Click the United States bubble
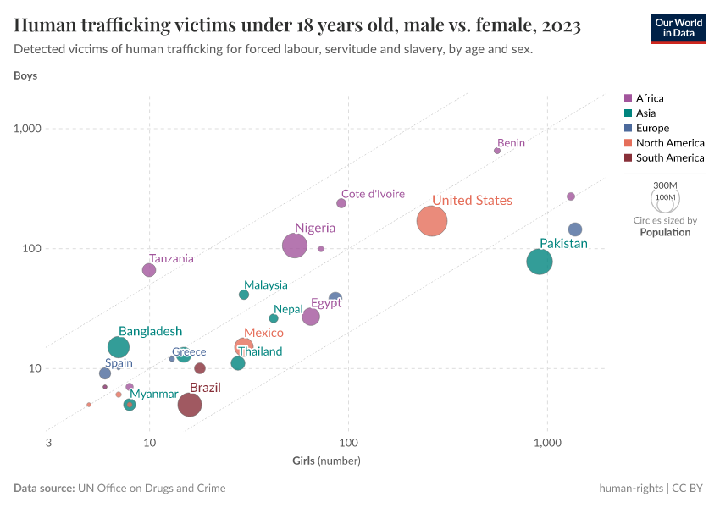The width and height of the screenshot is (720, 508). coord(431,221)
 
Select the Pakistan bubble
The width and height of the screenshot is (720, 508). coord(540,262)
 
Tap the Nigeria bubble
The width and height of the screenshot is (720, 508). coord(294,246)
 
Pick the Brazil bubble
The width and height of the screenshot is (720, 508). coord(190,405)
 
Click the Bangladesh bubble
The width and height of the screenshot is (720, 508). coord(119,347)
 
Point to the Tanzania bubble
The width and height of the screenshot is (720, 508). coord(149,270)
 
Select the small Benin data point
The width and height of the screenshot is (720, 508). coord(497,151)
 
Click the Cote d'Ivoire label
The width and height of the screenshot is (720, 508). coord(373,194)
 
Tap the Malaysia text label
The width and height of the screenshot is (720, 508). coord(265,285)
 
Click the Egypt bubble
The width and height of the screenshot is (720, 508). coord(311,317)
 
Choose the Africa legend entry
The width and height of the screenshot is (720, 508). coord(650,98)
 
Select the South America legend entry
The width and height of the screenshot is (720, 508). coord(669,157)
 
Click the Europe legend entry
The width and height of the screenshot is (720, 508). coord(652,128)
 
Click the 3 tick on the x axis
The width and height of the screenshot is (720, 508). coord(48,444)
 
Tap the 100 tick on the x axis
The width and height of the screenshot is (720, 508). coord(348,444)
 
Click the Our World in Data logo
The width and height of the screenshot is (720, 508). coord(678,28)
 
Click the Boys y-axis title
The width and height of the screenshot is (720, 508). coord(25,75)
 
